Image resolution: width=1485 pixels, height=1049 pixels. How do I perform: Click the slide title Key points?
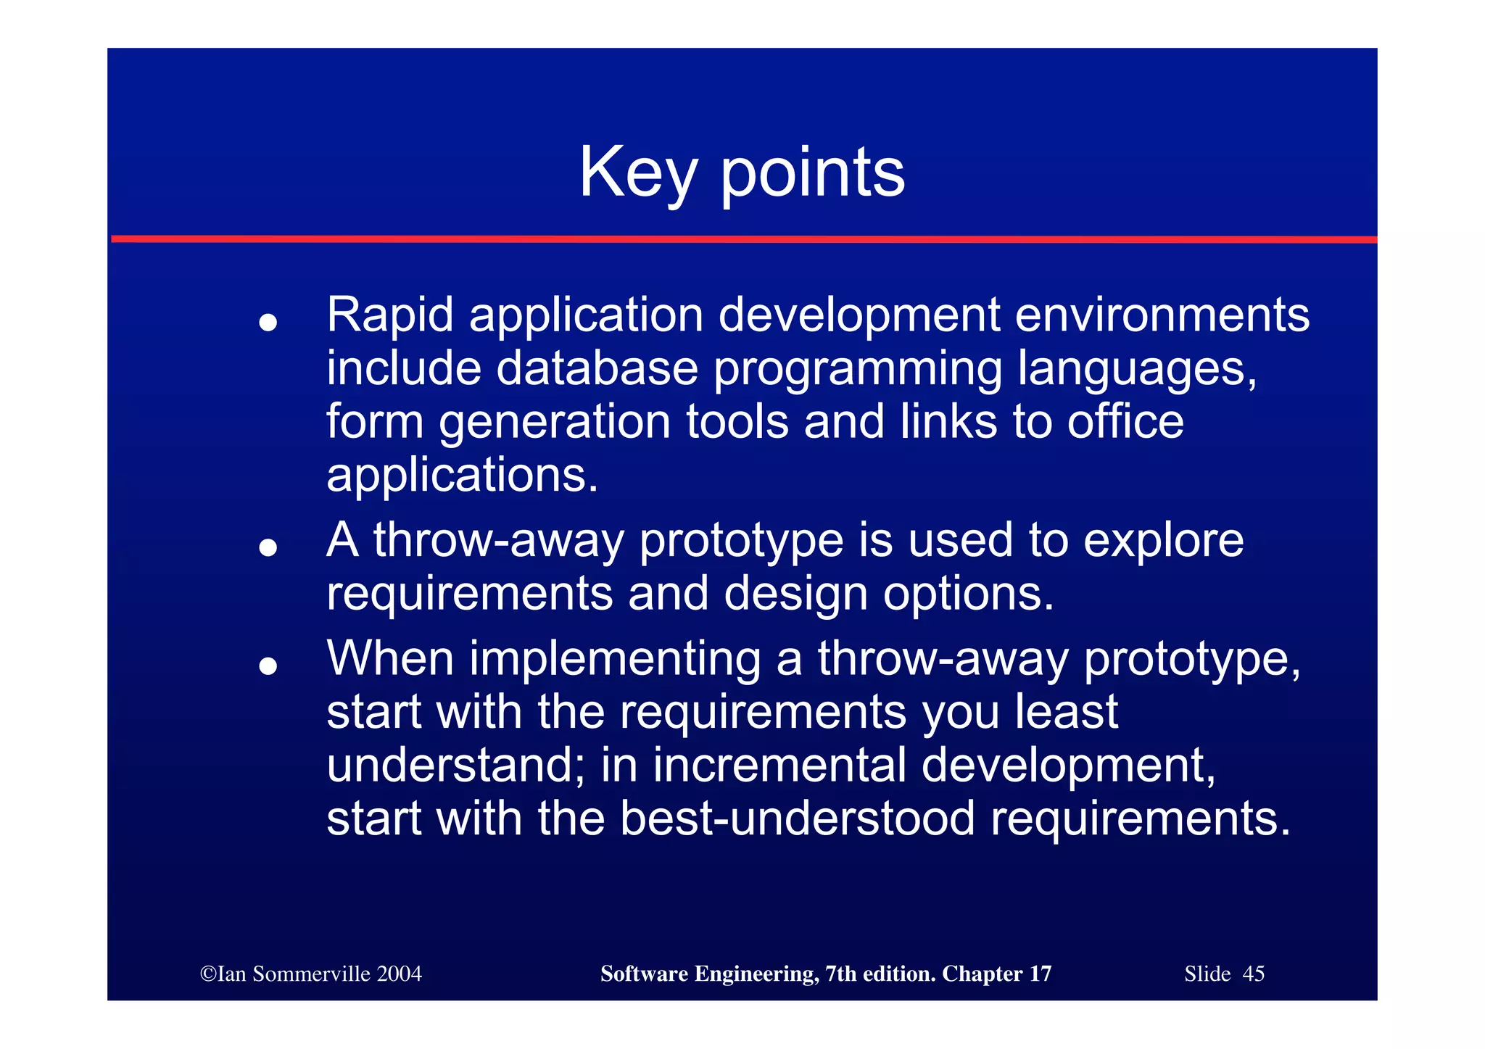coord(741,173)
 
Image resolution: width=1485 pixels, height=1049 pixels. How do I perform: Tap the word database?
coord(597,368)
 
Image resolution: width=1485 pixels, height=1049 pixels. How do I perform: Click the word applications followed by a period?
coord(462,476)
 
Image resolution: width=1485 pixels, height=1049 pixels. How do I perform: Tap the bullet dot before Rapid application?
coord(268,322)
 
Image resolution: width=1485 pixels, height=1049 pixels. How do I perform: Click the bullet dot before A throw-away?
coord(268,547)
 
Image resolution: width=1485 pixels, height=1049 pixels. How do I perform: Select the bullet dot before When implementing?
coord(268,666)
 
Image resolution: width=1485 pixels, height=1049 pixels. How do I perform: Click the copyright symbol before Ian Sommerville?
coord(208,974)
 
